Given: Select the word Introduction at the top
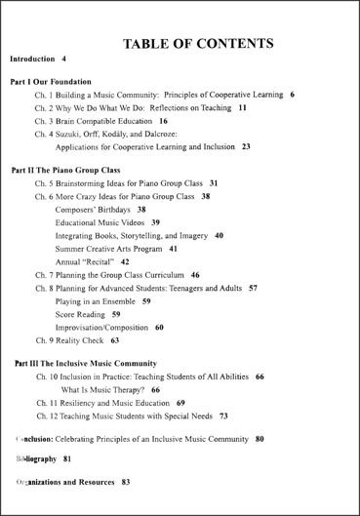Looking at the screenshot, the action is click(x=31, y=60).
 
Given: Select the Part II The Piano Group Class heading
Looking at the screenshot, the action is click(x=65, y=169).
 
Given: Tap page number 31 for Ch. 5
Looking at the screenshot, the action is click(x=214, y=182).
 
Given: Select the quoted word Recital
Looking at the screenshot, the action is click(x=100, y=262).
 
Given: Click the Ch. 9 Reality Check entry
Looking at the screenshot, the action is click(x=70, y=341).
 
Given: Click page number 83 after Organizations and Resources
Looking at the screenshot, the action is click(x=126, y=482).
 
